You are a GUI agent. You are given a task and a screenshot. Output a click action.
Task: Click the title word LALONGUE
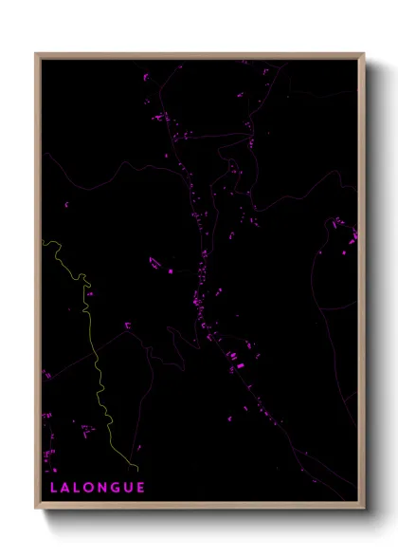[x=98, y=488]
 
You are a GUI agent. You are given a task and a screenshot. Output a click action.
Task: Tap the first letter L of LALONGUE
[x=55, y=488]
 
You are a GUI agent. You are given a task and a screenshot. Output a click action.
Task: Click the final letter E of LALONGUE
[x=141, y=488]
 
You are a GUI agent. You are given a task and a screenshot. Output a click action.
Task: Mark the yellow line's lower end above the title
[x=138, y=470]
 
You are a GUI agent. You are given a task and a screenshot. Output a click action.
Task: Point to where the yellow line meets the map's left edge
[x=44, y=241]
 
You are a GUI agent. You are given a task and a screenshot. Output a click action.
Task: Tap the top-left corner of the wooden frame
[x=37, y=54]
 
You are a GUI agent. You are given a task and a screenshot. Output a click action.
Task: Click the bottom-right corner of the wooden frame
[x=364, y=508]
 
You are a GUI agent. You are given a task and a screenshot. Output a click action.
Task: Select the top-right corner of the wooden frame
[x=364, y=54]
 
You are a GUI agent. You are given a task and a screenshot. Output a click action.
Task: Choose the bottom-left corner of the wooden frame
[x=37, y=508]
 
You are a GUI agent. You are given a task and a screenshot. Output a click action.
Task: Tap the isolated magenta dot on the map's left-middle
[x=67, y=204]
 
